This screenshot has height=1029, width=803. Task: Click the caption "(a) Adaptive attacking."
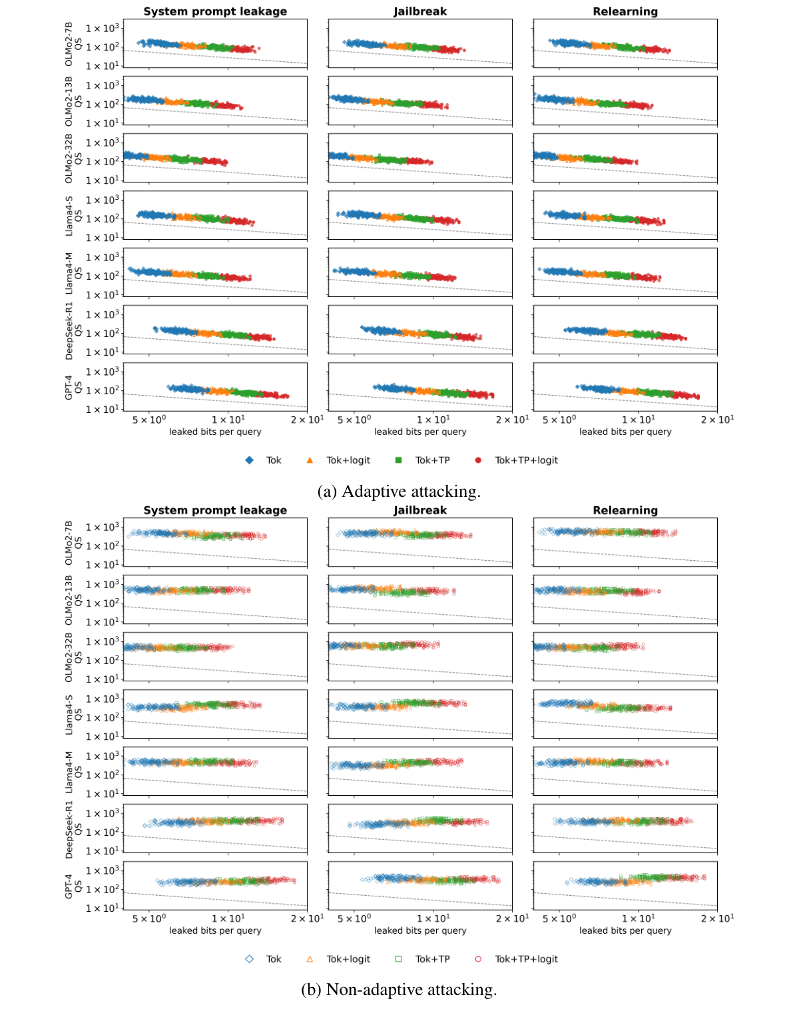tap(399, 492)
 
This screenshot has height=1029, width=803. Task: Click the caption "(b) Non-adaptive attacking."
tap(399, 990)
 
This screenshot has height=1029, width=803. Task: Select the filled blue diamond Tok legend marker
tap(249, 460)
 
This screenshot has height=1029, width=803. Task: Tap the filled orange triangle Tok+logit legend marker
tap(310, 460)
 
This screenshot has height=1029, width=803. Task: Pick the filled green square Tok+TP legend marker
tap(398, 460)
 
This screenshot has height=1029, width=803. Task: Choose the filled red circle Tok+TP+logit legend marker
tap(478, 460)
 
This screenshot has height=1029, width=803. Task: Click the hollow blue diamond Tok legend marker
tap(249, 959)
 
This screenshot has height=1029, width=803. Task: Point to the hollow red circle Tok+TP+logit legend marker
tap(478, 959)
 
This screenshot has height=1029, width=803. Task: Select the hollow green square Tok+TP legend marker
tap(398, 959)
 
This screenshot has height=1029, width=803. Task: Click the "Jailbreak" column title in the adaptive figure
tap(420, 11)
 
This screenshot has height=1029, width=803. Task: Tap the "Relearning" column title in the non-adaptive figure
tap(625, 510)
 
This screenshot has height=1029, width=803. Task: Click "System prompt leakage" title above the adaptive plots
tap(215, 11)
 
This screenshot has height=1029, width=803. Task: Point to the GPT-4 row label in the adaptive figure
tap(68, 387)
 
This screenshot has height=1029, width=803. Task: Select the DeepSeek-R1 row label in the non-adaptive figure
tap(68, 829)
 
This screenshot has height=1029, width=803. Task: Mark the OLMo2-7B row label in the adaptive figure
tap(68, 43)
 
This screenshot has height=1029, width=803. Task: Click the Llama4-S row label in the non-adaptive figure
tap(68, 715)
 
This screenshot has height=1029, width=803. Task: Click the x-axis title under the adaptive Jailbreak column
tap(420, 432)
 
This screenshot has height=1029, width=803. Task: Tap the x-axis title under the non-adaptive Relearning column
tap(625, 930)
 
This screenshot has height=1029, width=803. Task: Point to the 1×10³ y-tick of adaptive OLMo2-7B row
tap(102, 28)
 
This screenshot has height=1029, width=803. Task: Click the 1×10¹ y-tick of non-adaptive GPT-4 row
tap(102, 908)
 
